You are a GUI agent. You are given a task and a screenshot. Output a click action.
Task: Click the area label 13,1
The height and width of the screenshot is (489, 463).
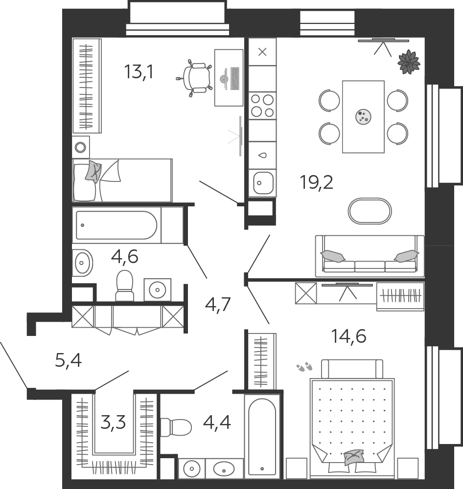pyautogui.click(x=139, y=72)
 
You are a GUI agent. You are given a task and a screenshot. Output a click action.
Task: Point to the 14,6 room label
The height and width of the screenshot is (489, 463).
pyautogui.click(x=348, y=336)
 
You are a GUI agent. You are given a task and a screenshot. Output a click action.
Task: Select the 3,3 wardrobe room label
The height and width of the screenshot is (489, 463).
pyautogui.click(x=113, y=422)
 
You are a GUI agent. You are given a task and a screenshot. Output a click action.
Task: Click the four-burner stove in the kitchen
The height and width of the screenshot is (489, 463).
pyautogui.click(x=262, y=106)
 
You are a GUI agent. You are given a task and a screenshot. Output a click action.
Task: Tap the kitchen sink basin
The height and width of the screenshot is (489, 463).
pyautogui.click(x=263, y=183)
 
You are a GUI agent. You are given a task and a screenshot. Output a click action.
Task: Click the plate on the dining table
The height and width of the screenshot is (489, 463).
pyautogui.click(x=363, y=117)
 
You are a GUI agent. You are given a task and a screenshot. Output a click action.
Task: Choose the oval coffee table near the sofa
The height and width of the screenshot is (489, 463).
pyautogui.click(x=370, y=211)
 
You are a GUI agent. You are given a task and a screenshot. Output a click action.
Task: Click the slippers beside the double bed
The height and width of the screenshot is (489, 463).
pyautogui.click(x=304, y=367)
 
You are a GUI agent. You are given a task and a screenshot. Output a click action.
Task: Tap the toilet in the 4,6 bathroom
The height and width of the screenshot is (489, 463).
pyautogui.click(x=125, y=286)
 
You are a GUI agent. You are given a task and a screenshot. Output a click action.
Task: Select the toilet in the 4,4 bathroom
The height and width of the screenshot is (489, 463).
pyautogui.click(x=176, y=427)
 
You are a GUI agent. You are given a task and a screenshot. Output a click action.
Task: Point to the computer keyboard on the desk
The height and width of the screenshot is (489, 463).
pyautogui.click(x=235, y=78)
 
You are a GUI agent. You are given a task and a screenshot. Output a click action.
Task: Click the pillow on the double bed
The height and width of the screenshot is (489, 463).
pyautogui.click(x=354, y=457)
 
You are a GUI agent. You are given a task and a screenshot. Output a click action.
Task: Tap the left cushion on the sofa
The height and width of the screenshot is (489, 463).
pyautogui.click(x=333, y=256)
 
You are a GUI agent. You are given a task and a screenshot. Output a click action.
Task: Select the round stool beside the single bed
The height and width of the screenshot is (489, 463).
pyautogui.click(x=81, y=147)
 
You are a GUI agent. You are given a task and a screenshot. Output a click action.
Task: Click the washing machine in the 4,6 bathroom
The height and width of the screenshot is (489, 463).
pyautogui.click(x=157, y=289)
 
